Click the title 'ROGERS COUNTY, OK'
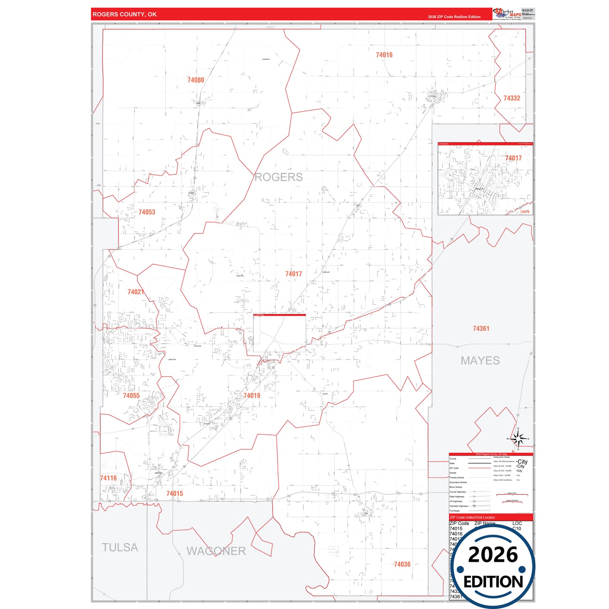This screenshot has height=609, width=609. click(x=124, y=14)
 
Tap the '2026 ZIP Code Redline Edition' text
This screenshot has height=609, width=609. click(x=454, y=17)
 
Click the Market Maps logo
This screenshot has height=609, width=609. click(x=507, y=14)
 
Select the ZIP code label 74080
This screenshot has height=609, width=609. click(x=196, y=80)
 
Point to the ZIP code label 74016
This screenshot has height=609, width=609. click(x=384, y=55)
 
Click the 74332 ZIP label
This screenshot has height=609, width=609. click(x=512, y=98)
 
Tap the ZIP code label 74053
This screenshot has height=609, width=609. click(x=147, y=212)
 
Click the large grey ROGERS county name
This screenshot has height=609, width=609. click(x=278, y=177)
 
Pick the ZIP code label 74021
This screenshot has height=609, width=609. click(x=136, y=292)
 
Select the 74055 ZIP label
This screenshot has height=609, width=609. click(x=131, y=395)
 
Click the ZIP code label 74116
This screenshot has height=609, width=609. click(x=108, y=478)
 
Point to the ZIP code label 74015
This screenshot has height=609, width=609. click(x=174, y=494)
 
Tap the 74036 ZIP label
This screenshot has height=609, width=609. click(x=402, y=564)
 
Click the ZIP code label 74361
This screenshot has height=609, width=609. click(x=481, y=328)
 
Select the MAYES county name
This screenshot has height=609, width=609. click(x=480, y=361)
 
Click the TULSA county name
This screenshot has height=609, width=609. click(x=120, y=547)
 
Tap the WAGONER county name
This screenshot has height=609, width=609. click(x=216, y=551)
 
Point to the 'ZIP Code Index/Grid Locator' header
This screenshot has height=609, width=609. click(x=472, y=517)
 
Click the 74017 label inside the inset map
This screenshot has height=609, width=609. click(x=513, y=158)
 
